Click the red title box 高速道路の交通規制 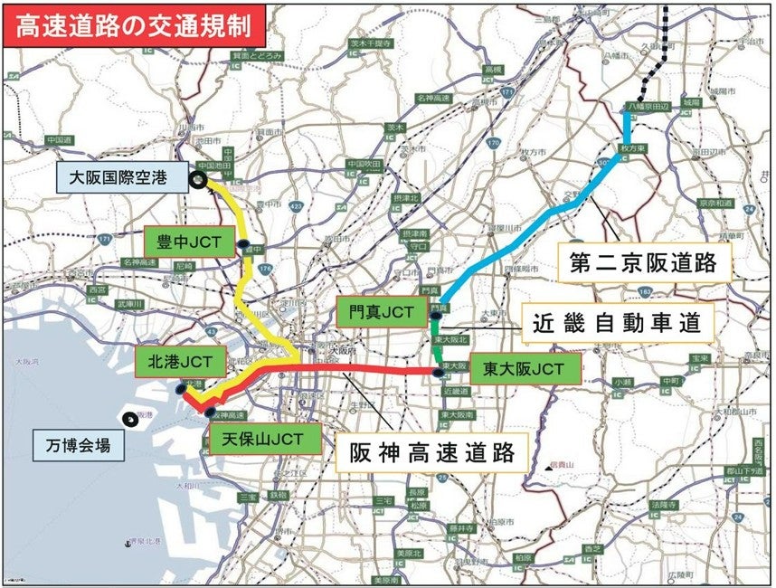pos(135,25)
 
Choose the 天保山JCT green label pos(263,440)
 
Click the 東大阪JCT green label pos(524,369)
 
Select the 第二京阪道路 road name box pos(643,262)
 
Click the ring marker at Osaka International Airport pos(198,181)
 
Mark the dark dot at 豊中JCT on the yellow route pos(243,244)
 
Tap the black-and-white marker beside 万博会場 pos(128,418)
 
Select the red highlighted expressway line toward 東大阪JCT pos(380,371)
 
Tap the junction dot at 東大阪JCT pos(439,372)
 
